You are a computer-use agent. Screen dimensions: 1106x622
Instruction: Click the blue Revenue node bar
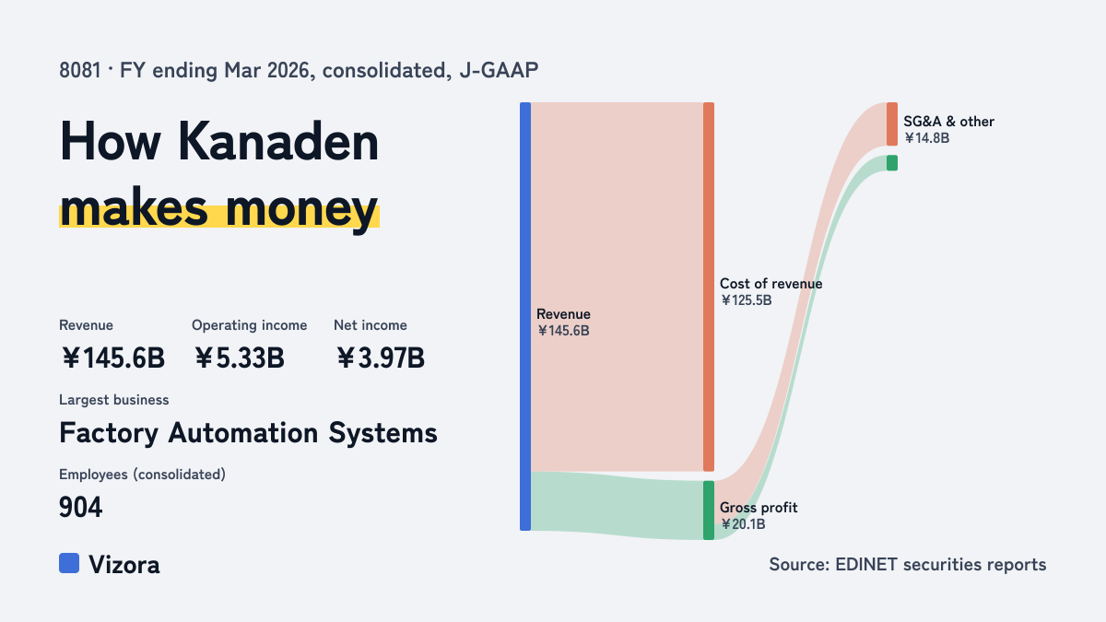[525, 316]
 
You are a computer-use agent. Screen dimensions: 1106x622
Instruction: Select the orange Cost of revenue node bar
[709, 287]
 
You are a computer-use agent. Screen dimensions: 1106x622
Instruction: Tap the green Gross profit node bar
[709, 510]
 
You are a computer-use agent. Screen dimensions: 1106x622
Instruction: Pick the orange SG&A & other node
[892, 123]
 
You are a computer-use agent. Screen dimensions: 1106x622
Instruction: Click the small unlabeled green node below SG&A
[892, 163]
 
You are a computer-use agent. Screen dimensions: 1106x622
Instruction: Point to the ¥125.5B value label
[746, 300]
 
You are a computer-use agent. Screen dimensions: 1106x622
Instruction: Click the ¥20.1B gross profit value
[743, 523]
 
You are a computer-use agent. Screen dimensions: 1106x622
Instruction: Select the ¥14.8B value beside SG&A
[926, 137]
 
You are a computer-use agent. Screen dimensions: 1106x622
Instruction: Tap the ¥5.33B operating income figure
[239, 358]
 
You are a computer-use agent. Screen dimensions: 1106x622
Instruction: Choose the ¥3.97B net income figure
[380, 358]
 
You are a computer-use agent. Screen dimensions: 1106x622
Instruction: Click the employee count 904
[80, 507]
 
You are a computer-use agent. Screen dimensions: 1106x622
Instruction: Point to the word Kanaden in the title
[278, 142]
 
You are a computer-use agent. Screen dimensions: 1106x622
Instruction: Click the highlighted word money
[301, 210]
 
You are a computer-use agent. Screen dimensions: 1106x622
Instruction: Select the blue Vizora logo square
[69, 563]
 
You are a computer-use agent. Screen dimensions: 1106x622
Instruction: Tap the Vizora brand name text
[124, 565]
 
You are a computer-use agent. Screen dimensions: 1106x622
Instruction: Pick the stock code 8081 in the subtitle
[80, 70]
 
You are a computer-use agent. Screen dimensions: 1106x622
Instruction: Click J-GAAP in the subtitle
[499, 70]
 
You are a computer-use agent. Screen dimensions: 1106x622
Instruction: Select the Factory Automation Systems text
[248, 433]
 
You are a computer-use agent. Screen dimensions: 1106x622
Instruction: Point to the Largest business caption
[114, 400]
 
